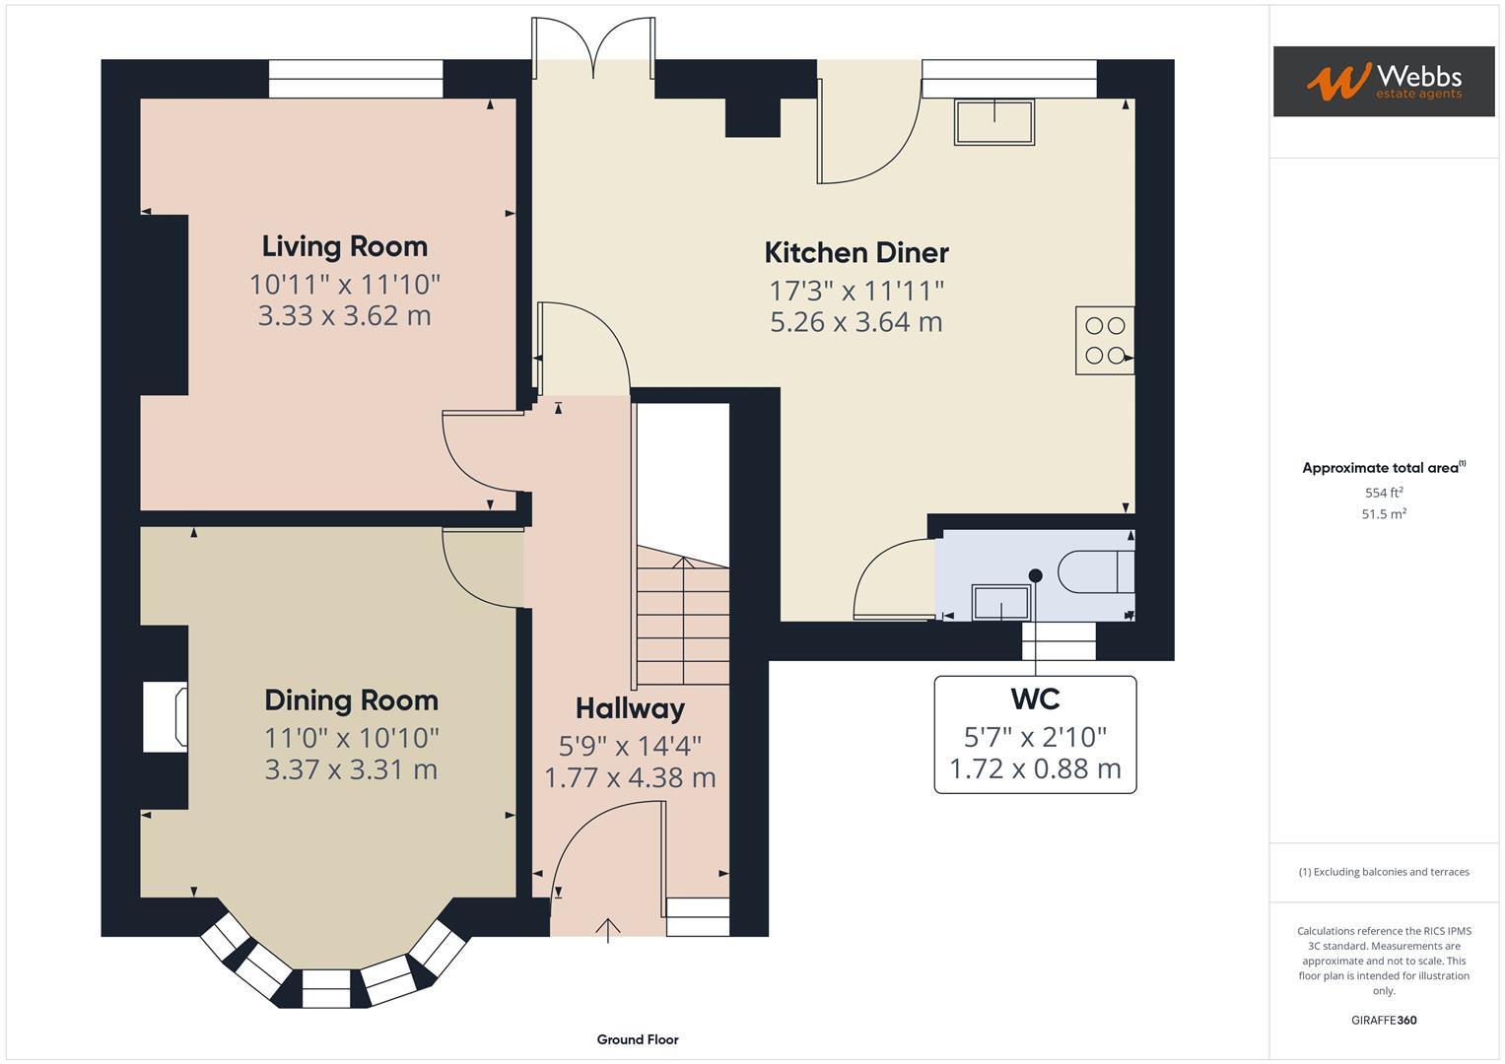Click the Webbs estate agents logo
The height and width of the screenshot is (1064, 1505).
pos(1383,81)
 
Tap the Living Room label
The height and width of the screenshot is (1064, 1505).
pos(344,246)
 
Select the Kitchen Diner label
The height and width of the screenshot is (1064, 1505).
pos(856,252)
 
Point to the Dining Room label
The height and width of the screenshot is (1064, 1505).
pos(351,700)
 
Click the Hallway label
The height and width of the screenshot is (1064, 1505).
pos(630,708)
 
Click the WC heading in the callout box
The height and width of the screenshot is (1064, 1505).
pos(1035,699)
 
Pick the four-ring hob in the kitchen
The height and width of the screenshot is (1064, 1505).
pos(1104,341)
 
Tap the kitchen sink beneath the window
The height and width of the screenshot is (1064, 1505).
pos(993,121)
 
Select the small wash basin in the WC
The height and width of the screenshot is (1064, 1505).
pos(1000,602)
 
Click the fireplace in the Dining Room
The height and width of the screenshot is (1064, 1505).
pos(166,717)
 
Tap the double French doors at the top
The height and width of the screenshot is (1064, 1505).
pos(593,49)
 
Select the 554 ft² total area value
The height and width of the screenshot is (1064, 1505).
pos(1383,493)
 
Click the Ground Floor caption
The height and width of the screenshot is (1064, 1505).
pos(637,1039)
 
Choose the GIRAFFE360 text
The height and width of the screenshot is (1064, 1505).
pos(1383,1020)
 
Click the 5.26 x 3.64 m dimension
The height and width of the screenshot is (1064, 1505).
pos(856,322)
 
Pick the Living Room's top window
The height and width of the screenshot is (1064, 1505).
pos(356,79)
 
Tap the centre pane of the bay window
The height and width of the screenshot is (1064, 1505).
pos(325,987)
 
